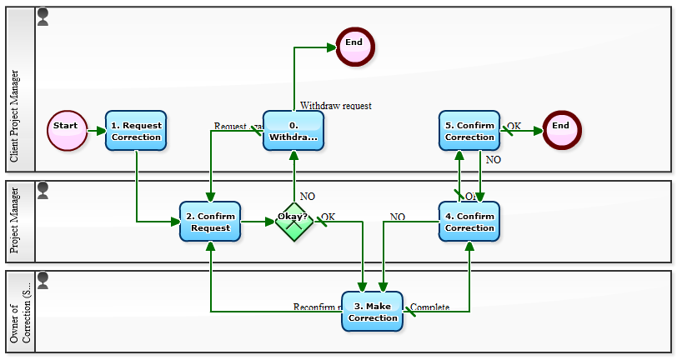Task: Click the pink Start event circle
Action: [67, 131]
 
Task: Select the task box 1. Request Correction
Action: [136, 131]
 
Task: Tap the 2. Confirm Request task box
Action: [210, 222]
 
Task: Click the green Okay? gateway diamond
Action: [293, 222]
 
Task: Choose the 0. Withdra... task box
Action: [293, 131]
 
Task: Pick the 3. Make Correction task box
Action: [373, 312]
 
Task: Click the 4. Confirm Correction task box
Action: [469, 222]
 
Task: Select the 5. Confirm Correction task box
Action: [469, 131]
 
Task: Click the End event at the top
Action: [355, 46]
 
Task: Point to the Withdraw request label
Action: [336, 106]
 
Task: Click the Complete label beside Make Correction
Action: [430, 307]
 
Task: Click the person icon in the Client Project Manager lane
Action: [43, 17]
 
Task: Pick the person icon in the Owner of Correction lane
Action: [43, 280]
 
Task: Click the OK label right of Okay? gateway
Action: [328, 217]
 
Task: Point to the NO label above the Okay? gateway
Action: [308, 197]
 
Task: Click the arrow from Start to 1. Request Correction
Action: [96, 131]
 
